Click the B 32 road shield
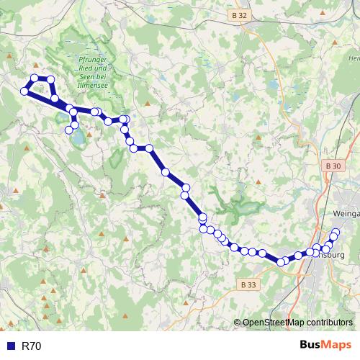pyautogui.click(x=240, y=14)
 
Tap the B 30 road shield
pyautogui.click(x=333, y=166)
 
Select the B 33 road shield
pyautogui.click(x=248, y=284)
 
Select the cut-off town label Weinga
pyautogui.click(x=346, y=214)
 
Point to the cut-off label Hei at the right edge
pyautogui.click(x=354, y=58)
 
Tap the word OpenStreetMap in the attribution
pyautogui.click(x=276, y=323)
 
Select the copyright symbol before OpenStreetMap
pyautogui.click(x=238, y=323)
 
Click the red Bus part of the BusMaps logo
pyautogui.click(x=311, y=345)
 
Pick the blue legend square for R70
pyautogui.click(x=10, y=346)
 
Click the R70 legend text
pyautogui.click(x=32, y=346)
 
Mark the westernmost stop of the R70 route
pyautogui.click(x=25, y=91)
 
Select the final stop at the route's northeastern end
pyautogui.click(x=336, y=232)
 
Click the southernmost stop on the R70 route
pyautogui.click(x=282, y=262)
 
